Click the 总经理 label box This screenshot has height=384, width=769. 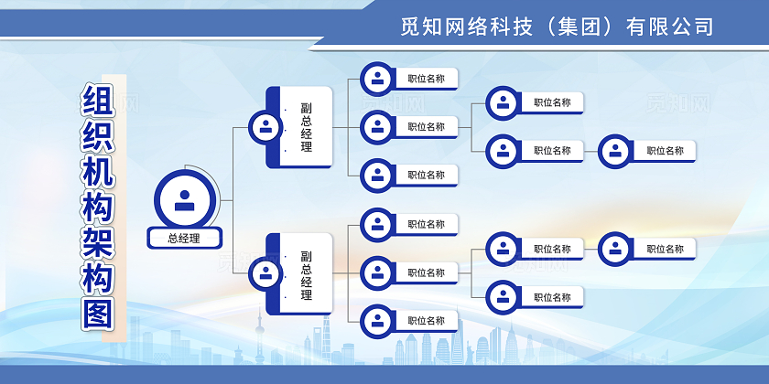click(x=185, y=239)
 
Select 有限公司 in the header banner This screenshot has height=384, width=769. click(x=669, y=27)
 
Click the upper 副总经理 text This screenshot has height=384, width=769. click(x=306, y=127)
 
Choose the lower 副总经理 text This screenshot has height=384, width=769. click(x=306, y=275)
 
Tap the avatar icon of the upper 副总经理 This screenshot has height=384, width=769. click(x=265, y=127)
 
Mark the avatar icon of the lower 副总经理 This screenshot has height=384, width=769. click(x=265, y=272)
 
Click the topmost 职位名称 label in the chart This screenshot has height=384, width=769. click(x=427, y=79)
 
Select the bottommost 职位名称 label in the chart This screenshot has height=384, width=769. click(x=427, y=321)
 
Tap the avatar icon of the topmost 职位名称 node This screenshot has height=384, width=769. click(x=376, y=79)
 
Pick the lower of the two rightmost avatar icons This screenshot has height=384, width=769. click(x=614, y=249)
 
